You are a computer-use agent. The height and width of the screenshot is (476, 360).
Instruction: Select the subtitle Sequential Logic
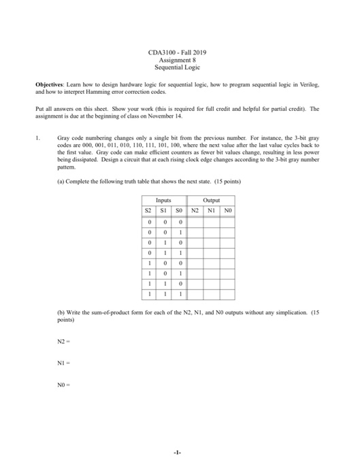180,69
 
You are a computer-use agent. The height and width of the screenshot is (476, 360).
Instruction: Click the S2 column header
147,210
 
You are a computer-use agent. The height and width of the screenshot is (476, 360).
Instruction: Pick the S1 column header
163,210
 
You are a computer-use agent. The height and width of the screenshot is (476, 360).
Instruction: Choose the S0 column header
179,210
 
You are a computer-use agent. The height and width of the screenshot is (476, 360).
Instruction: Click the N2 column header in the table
195,210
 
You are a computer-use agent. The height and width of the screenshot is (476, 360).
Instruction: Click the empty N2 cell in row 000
195,221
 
